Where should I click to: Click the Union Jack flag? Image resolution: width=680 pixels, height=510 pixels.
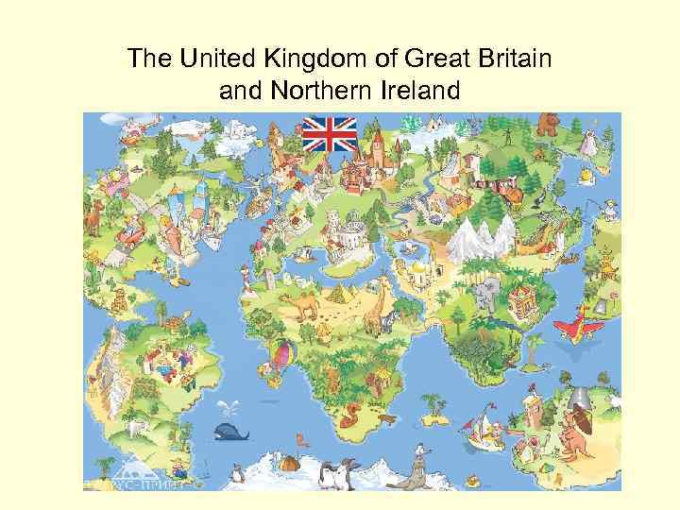point(329,134)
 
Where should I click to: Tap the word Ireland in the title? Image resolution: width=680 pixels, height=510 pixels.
point(413,92)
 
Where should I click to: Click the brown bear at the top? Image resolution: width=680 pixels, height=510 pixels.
point(547,124)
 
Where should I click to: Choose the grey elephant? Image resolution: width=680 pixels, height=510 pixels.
point(487,294)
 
